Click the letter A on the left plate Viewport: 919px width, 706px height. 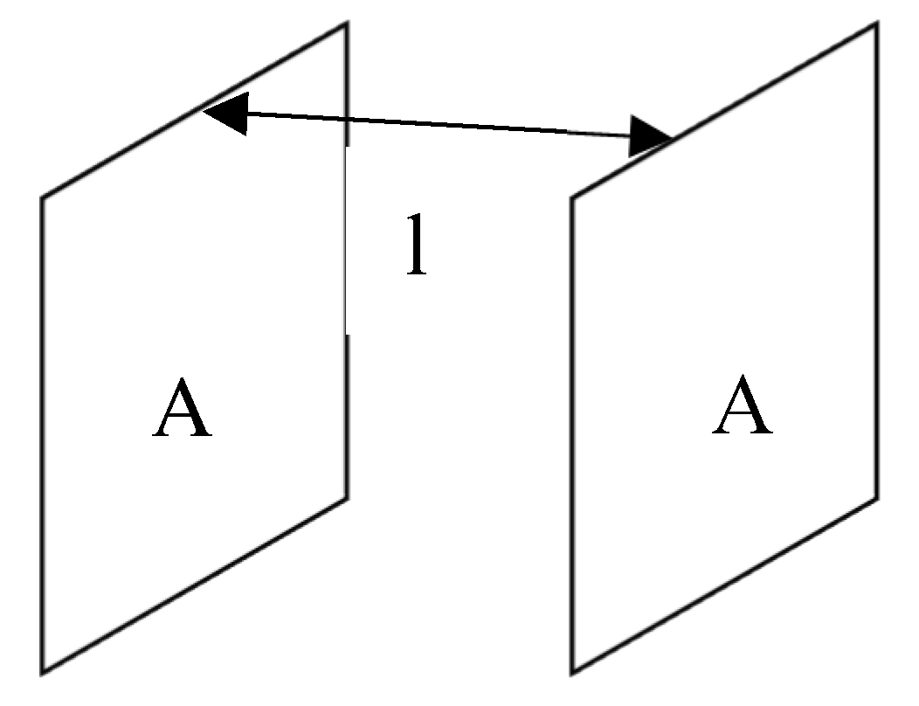183,410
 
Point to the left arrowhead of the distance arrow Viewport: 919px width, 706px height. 223,111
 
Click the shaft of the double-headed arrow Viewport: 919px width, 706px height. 437,124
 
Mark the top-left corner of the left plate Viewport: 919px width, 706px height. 42,198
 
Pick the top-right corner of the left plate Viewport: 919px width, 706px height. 348,24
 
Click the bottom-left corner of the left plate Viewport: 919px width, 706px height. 42,672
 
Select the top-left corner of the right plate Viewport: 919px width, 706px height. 572,198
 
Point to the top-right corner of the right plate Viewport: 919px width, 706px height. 876,24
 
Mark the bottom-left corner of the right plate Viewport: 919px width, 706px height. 572,672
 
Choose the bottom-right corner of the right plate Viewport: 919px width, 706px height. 876,498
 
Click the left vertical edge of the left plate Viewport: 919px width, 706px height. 42,437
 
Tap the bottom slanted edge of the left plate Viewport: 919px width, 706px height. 195,585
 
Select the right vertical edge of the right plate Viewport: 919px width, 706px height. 876,262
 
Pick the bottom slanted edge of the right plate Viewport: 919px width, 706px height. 724,585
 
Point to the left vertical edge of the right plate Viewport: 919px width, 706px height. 572,437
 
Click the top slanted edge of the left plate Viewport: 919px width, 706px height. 122,152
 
